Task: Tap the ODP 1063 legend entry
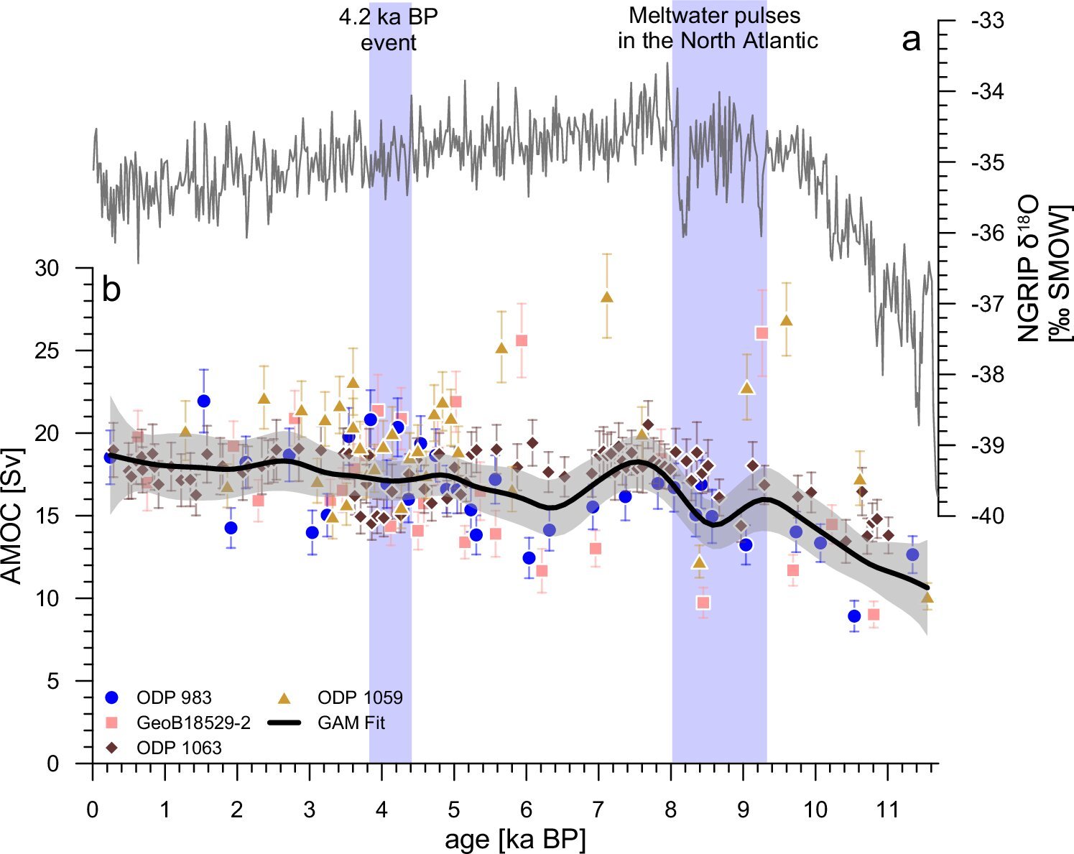[179, 748]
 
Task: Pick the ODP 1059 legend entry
[360, 697]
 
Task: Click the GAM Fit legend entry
[351, 723]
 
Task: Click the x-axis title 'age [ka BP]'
[515, 838]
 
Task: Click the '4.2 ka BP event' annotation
[388, 30]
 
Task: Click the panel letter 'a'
[911, 41]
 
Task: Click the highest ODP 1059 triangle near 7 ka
[606, 297]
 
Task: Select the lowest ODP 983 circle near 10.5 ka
[854, 616]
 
